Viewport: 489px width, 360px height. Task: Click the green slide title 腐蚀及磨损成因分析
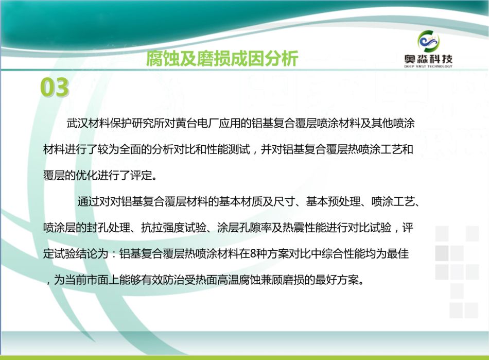coord(222,58)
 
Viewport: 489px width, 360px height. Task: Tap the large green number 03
coord(55,88)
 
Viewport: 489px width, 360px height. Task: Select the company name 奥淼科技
coord(428,59)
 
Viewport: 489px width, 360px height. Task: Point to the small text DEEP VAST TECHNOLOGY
coord(428,66)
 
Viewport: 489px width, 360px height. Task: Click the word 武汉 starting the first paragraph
coord(77,123)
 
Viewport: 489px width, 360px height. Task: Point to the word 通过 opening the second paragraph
coord(88,201)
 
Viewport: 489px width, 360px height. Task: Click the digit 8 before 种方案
coord(253,253)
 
